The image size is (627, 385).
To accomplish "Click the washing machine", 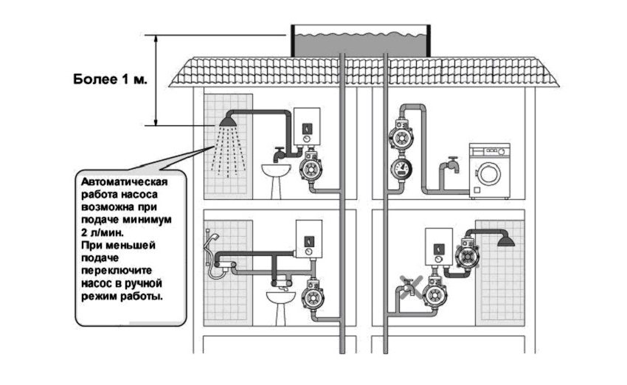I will (x=488, y=170).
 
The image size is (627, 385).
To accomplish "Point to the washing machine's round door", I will (x=488, y=175).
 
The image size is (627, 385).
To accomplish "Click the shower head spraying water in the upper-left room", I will (x=227, y=120).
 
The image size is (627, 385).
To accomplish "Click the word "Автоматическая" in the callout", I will (x=125, y=181).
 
